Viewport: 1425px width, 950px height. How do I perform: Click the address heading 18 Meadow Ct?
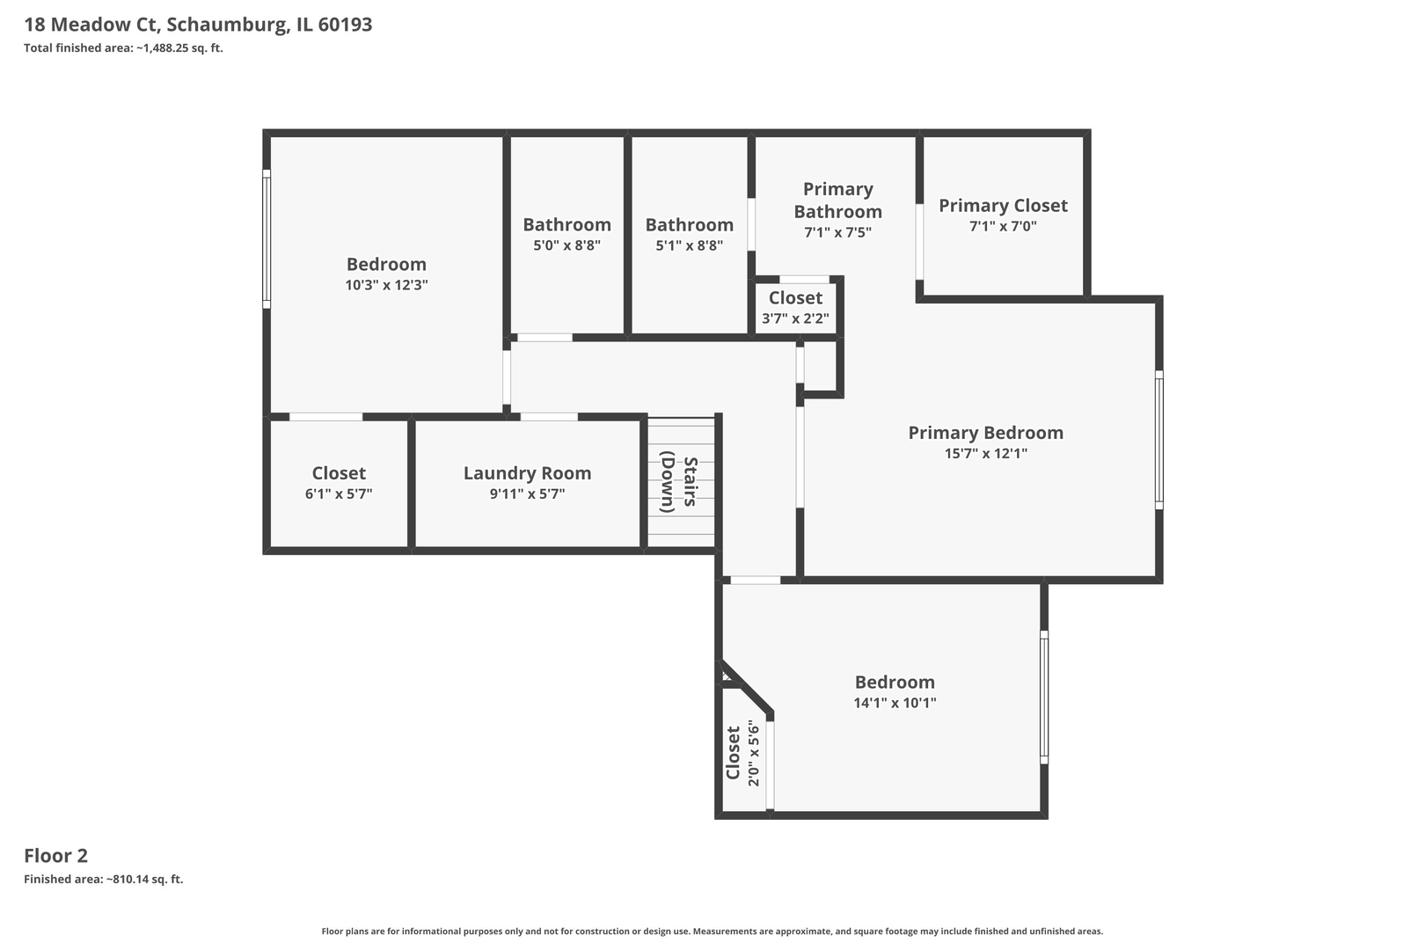[198, 25]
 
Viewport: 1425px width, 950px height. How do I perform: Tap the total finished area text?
[123, 48]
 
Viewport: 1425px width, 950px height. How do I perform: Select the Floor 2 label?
[55, 855]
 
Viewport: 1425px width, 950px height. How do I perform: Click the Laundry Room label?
[527, 473]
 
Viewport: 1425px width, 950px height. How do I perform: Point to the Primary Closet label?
[1003, 206]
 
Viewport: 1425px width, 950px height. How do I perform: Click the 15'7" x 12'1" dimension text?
[985, 454]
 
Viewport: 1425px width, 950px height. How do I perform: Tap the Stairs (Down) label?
[679, 484]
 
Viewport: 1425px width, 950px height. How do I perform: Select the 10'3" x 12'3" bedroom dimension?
[386, 285]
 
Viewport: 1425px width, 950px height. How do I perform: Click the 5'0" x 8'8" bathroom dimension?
[566, 245]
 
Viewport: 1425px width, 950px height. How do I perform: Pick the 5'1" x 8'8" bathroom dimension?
[689, 245]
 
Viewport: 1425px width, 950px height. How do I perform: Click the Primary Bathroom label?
[837, 201]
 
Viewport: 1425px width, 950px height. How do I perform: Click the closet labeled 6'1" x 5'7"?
[339, 483]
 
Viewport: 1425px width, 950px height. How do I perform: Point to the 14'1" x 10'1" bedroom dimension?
[895, 703]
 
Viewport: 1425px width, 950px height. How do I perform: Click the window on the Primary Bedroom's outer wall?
[1158, 440]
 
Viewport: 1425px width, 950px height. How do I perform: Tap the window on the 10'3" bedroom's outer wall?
[267, 239]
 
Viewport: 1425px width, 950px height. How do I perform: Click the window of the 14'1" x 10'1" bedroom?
[1044, 697]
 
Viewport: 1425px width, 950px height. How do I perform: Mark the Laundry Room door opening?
[549, 417]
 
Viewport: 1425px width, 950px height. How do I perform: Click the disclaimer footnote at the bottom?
[712, 931]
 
